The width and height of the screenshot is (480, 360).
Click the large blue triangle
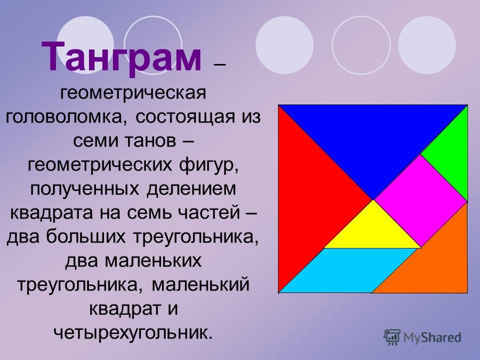[x=373, y=138]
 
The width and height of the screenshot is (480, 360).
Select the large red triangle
[x=309, y=199]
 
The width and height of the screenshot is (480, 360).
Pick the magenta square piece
[x=420, y=201]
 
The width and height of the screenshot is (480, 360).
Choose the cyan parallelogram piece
[x=348, y=270]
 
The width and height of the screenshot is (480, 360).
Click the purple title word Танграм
[x=121, y=57]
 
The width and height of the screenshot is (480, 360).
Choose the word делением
[x=191, y=189]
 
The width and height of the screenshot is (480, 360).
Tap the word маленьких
[x=153, y=261]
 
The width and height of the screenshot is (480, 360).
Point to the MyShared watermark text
[x=432, y=337]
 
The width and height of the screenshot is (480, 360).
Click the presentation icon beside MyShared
[x=392, y=337]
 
